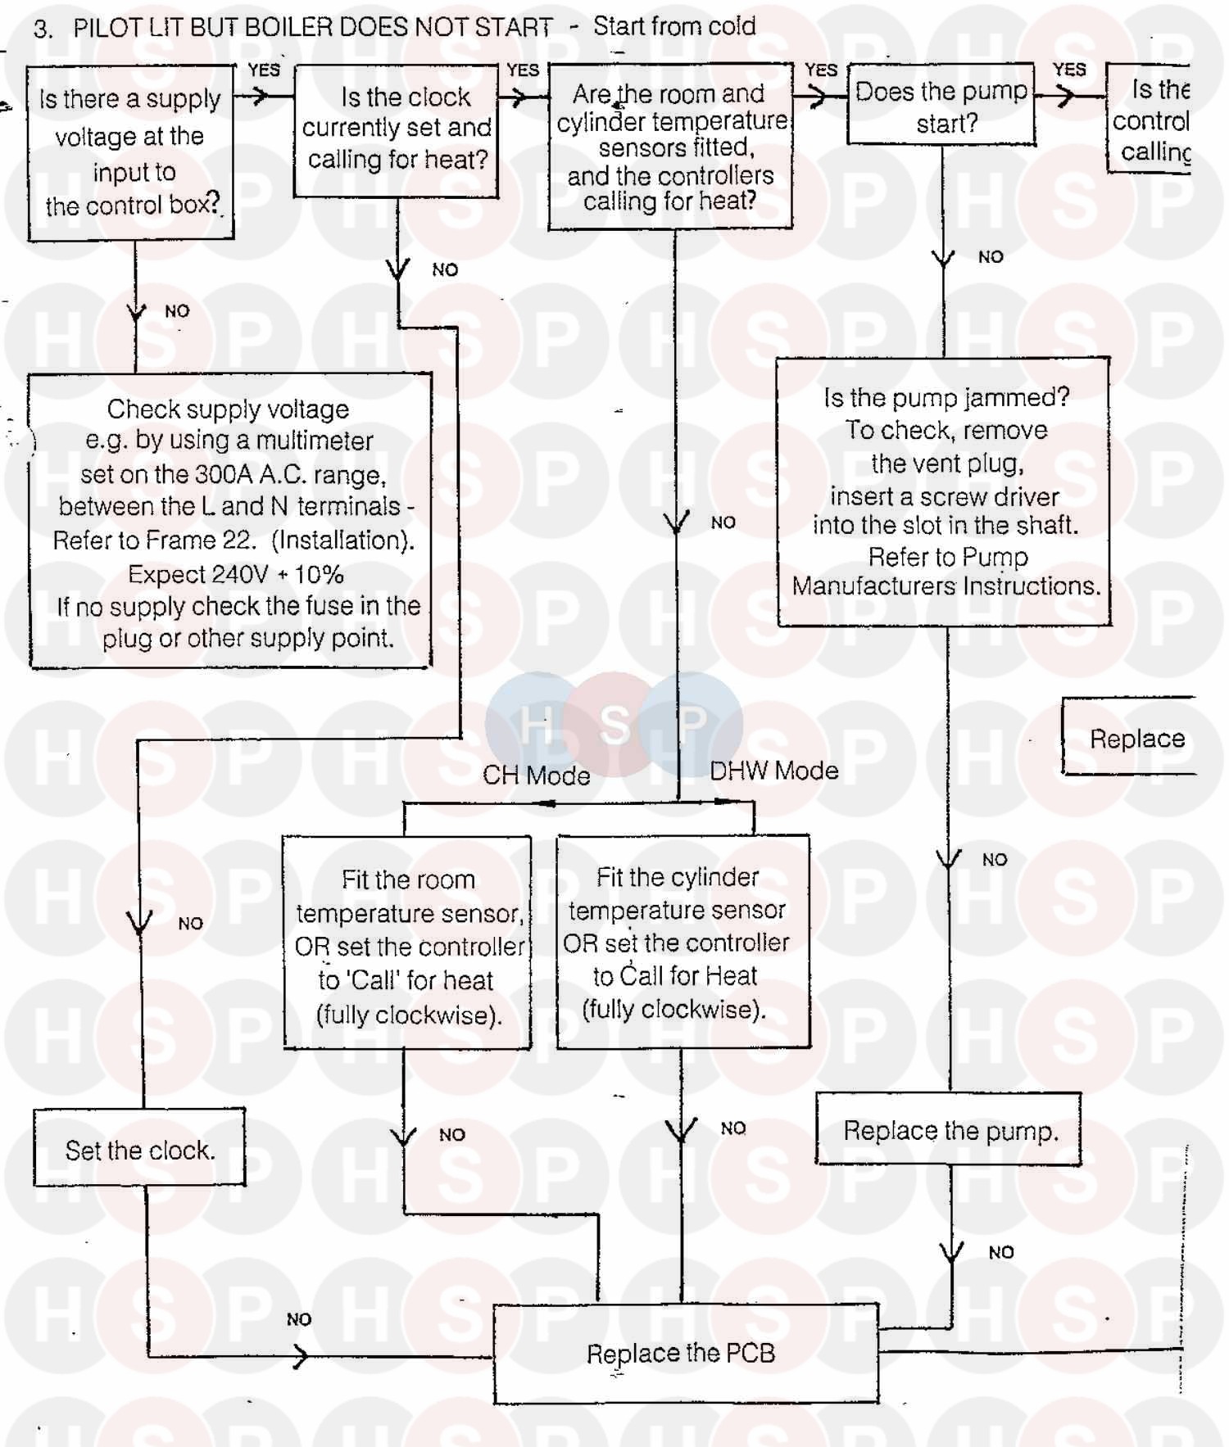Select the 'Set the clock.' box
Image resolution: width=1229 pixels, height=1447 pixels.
click(139, 1150)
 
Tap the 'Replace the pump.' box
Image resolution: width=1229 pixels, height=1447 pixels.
click(949, 1131)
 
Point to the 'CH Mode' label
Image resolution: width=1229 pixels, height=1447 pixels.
click(536, 776)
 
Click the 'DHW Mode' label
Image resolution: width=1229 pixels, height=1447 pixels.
click(773, 771)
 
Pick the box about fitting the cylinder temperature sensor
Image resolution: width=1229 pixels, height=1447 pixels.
click(683, 943)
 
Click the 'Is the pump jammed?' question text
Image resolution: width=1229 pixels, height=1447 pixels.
click(946, 398)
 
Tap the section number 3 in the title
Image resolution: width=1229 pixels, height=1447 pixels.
click(42, 29)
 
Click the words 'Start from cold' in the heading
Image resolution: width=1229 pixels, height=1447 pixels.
click(674, 26)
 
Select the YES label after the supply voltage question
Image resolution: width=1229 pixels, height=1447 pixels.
click(264, 70)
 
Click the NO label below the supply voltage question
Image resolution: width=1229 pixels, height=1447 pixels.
click(177, 311)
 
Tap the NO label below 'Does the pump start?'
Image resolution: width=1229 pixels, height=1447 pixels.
click(991, 257)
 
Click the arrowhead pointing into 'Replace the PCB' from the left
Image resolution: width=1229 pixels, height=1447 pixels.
click(300, 1357)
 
